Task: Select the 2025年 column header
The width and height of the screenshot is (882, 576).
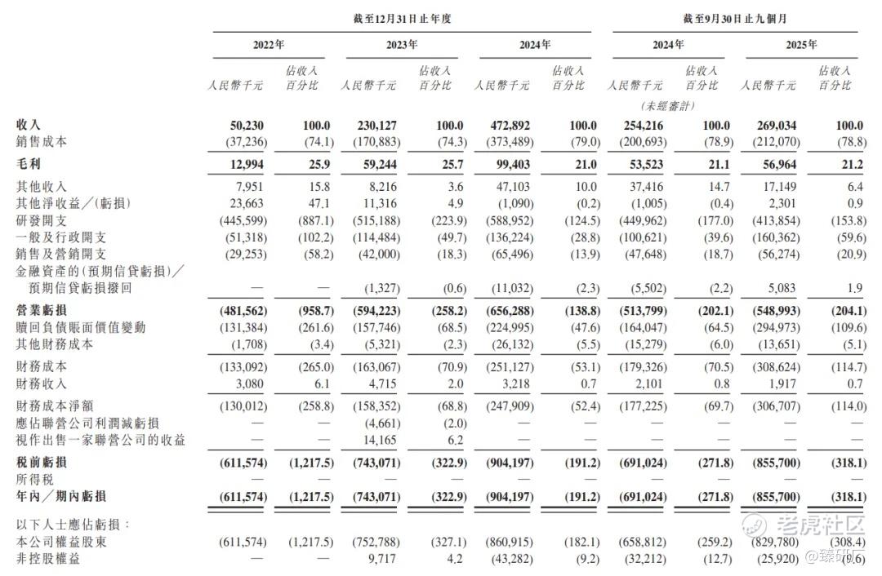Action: [801, 45]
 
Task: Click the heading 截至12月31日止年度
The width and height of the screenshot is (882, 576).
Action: [402, 18]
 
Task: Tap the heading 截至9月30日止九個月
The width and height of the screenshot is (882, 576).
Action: [734, 18]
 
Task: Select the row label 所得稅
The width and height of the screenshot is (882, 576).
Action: [35, 479]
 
